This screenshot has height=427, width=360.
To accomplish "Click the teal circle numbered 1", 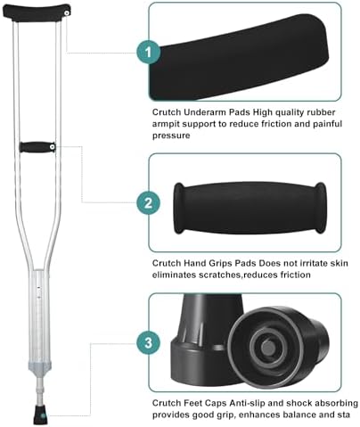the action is (149, 53).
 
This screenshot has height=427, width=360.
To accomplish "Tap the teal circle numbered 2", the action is (149, 203).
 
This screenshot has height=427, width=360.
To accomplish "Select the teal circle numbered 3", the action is (149, 342).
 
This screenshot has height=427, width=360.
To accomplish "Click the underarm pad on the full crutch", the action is (37, 12).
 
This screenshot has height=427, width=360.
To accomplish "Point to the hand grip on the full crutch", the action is (37, 147).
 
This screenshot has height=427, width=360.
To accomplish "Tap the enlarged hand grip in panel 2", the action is (250, 208).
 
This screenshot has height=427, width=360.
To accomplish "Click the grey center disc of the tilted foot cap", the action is (268, 347).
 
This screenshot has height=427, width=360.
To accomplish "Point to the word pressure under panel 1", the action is (171, 135).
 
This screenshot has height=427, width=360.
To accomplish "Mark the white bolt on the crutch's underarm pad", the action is (67, 13).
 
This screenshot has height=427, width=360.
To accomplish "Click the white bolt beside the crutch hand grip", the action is (53, 147).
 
